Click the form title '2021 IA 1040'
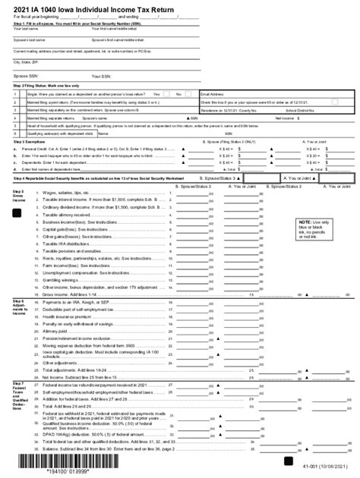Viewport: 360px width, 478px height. point(38,9)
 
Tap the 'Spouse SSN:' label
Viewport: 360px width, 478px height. point(28,77)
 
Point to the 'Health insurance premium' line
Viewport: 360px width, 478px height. point(73,317)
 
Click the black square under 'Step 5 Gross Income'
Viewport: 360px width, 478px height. point(17,214)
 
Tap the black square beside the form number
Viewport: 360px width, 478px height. point(289,461)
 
